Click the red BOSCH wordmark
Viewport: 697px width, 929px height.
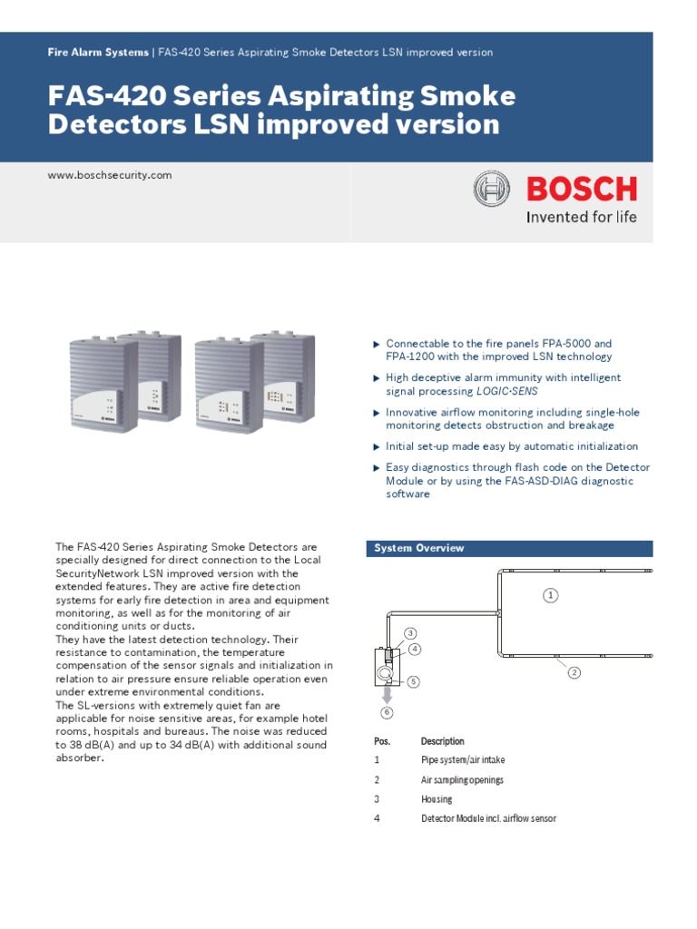[582, 189]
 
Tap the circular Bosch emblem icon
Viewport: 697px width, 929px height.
[492, 190]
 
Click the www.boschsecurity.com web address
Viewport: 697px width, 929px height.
[109, 175]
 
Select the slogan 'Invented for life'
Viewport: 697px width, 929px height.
[582, 217]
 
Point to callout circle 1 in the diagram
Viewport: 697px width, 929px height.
[550, 595]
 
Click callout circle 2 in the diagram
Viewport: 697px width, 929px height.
[574, 671]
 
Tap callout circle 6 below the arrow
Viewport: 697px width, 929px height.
[387, 712]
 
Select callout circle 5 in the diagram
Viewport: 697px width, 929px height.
[413, 681]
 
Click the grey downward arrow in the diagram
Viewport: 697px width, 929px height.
[387, 694]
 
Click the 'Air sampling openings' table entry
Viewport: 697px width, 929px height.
[462, 780]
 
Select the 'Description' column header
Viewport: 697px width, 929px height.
[442, 741]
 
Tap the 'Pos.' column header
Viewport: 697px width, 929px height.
[382, 741]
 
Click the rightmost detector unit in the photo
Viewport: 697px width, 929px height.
[285, 374]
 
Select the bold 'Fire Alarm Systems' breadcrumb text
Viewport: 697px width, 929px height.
[98, 53]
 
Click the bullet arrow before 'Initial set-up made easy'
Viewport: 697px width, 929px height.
[377, 446]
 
